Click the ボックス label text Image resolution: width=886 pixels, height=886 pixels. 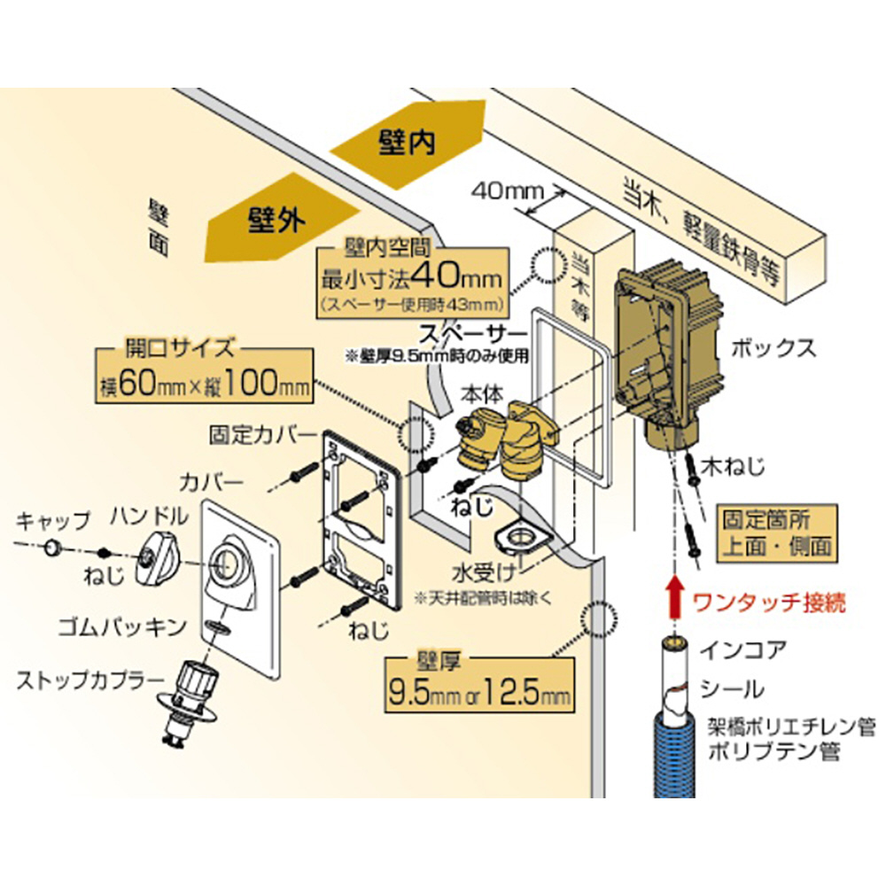pos(770,346)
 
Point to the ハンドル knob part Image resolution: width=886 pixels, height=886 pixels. pos(159,560)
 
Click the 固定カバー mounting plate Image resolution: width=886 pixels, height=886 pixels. pos(360,514)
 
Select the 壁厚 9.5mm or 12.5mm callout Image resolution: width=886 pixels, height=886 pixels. pos(478,683)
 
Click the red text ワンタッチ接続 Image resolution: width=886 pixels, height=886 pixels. pos(769,604)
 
